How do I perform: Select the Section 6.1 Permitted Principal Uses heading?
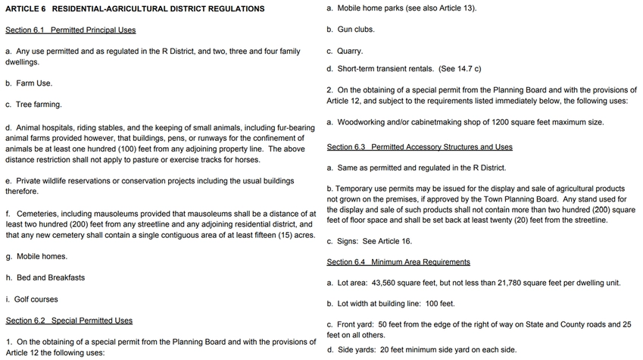point(70,30)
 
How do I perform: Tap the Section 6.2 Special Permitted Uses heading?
point(69,321)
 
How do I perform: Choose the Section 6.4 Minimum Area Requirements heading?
point(398,262)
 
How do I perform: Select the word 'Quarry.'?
point(351,52)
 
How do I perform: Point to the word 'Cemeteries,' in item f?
point(36,214)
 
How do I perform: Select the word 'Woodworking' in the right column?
point(360,122)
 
